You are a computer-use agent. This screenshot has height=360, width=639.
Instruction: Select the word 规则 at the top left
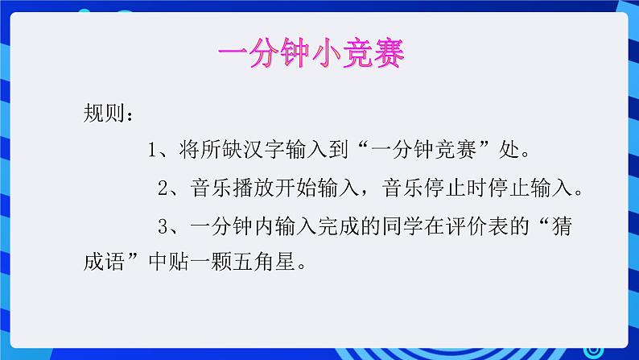click(103, 111)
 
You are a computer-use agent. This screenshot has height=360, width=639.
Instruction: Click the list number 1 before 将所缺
click(154, 150)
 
